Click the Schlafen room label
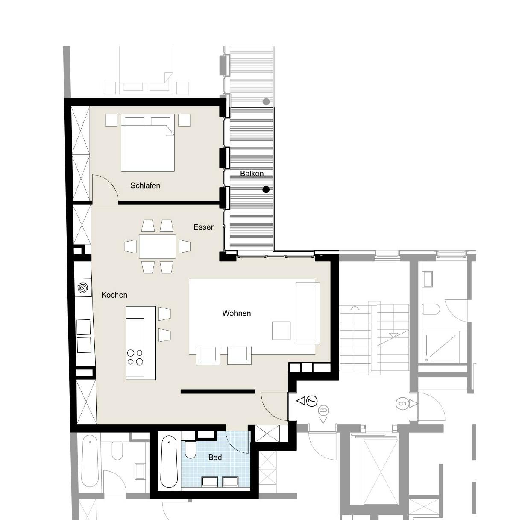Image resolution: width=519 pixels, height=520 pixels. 145,186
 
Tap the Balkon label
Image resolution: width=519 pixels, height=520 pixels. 252,174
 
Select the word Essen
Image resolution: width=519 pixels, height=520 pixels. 204,227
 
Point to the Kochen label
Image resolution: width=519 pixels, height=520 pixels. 114,295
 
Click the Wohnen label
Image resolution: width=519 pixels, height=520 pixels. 236,313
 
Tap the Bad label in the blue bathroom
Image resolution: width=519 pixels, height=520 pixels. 215,458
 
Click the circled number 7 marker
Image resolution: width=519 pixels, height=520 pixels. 312,401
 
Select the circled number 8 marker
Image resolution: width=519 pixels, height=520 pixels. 323,411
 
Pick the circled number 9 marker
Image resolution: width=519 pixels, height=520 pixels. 402,403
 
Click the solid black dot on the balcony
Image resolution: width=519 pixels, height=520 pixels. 266,189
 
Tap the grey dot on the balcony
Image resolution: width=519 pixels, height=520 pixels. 266,102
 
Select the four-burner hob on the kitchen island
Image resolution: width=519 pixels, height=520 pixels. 135,357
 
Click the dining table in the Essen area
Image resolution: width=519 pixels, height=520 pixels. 157,246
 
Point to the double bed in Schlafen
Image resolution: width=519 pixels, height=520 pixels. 148,143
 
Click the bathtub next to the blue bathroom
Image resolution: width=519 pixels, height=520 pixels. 169,461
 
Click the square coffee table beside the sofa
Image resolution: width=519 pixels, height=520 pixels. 281,330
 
